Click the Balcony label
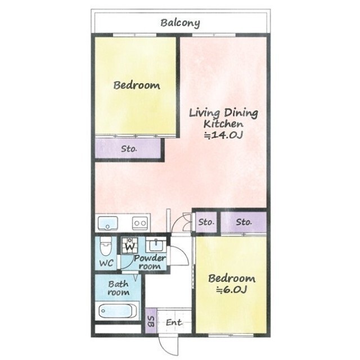coord(180,23)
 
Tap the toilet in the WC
coord(106,246)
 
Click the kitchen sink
coord(107,223)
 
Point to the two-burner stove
coord(139,223)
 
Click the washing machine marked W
coord(130,245)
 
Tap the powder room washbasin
coord(156,245)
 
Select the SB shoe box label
coord(151,322)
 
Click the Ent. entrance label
coord(174,322)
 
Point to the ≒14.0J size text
coord(223,135)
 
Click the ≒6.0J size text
coord(232,290)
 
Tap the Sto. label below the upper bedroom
coord(129,148)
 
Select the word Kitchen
coord(223,124)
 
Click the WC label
coord(106,263)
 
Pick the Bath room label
coord(119,288)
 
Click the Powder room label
coord(150,262)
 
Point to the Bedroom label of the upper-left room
coord(137,85)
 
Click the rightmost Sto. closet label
coord(244,222)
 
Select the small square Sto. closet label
coord(206,222)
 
